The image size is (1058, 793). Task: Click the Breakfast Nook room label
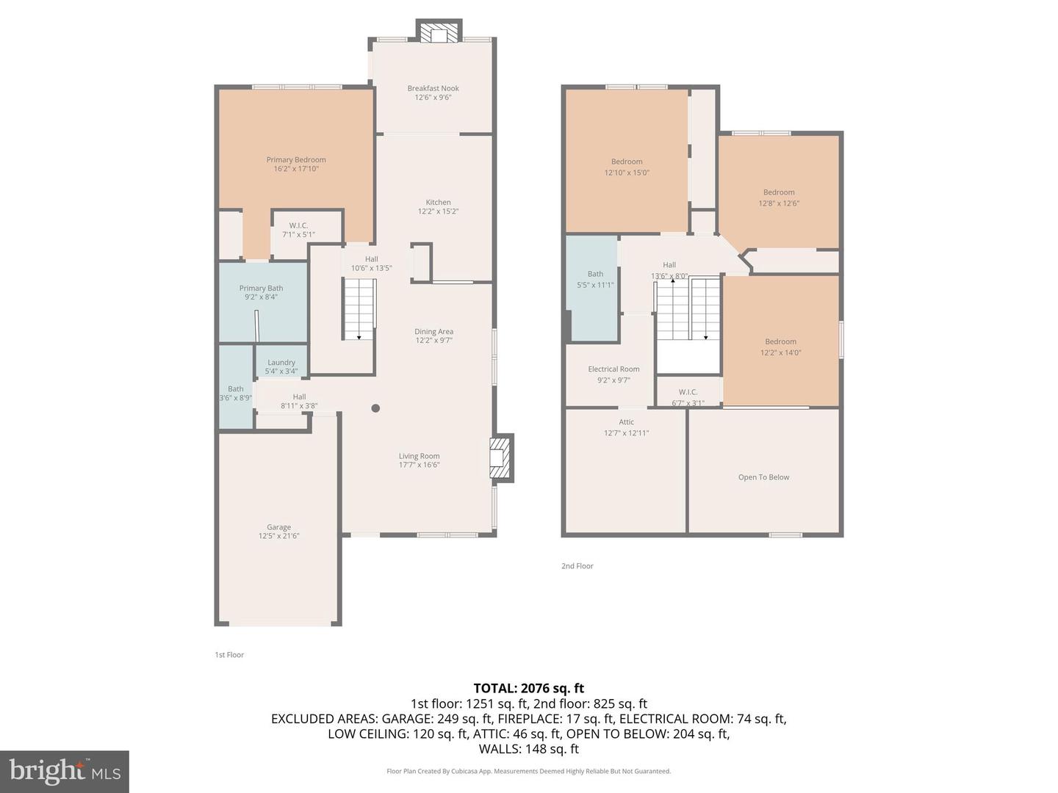tap(433, 88)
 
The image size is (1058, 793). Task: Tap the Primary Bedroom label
tap(296, 159)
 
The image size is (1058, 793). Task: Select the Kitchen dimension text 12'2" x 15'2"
tap(438, 211)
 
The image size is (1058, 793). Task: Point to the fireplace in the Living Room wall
tap(500, 458)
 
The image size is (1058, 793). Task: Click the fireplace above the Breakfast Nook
tap(439, 33)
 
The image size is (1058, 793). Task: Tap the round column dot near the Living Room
tap(375, 408)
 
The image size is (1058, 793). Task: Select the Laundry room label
tap(281, 362)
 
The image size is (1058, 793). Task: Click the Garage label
tap(278, 527)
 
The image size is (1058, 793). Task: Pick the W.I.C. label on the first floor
tap(298, 225)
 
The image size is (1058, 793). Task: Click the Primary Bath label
tap(261, 288)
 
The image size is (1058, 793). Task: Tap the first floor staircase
tap(359, 308)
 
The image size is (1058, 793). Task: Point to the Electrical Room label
tap(613, 369)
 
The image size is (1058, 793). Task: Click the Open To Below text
tap(763, 477)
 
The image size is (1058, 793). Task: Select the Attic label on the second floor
tap(626, 422)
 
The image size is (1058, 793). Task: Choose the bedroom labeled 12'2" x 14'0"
tap(780, 347)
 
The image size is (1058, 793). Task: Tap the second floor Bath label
tap(595, 274)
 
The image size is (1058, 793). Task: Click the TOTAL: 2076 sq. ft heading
tap(528, 688)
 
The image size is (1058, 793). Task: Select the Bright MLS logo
tap(65, 771)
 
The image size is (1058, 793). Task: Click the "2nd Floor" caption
tap(577, 566)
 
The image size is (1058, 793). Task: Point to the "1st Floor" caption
tap(229, 655)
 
